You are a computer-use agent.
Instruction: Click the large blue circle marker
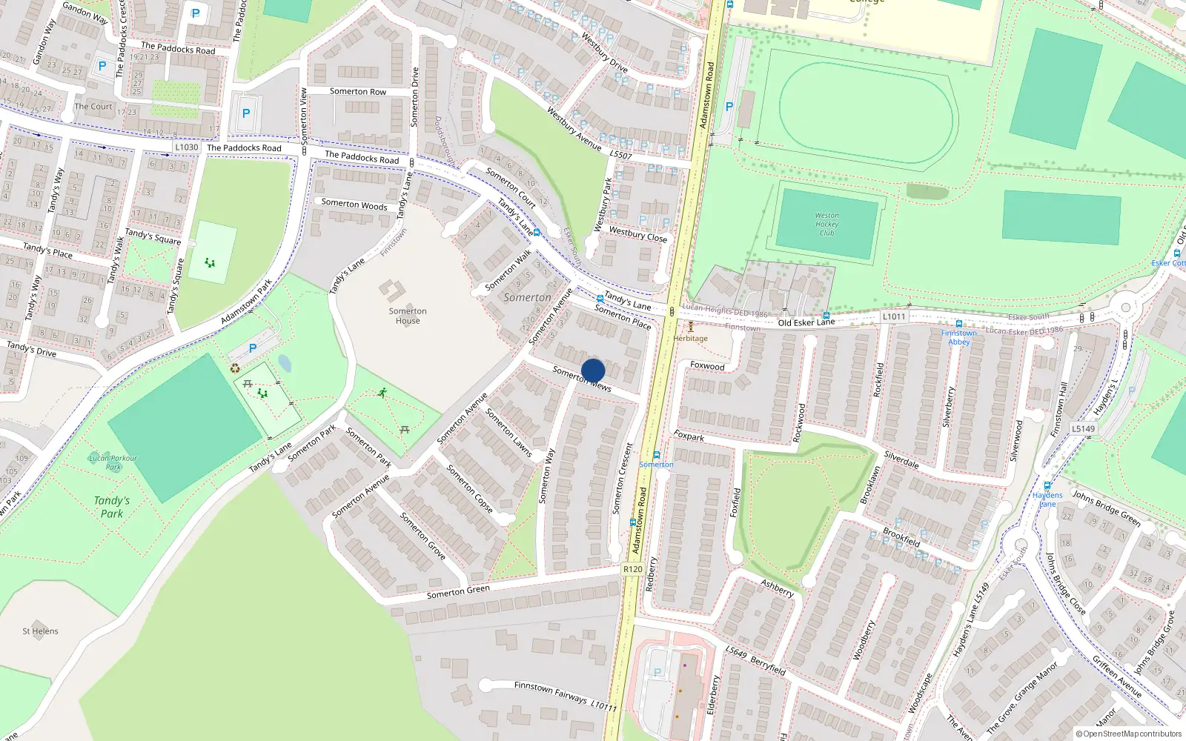click(593, 371)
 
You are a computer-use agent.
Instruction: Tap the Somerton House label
click(408, 316)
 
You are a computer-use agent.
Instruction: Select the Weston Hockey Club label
click(826, 224)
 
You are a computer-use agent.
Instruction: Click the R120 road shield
click(633, 569)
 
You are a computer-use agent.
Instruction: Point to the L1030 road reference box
click(187, 147)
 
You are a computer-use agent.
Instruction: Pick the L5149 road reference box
click(1083, 428)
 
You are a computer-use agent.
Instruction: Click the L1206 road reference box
click(894, 316)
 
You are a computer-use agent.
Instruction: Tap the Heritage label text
click(690, 339)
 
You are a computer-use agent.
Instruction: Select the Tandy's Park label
click(112, 507)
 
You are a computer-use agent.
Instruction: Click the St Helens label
click(40, 631)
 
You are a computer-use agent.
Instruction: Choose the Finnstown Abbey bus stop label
click(958, 337)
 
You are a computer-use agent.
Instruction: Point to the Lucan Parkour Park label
click(113, 462)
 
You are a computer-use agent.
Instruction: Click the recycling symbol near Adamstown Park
click(235, 368)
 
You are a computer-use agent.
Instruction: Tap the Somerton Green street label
click(458, 591)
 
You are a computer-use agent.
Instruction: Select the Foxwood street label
click(707, 366)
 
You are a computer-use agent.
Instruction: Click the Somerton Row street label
click(358, 92)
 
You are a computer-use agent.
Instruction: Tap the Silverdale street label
click(901, 460)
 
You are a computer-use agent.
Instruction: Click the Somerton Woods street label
click(354, 204)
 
